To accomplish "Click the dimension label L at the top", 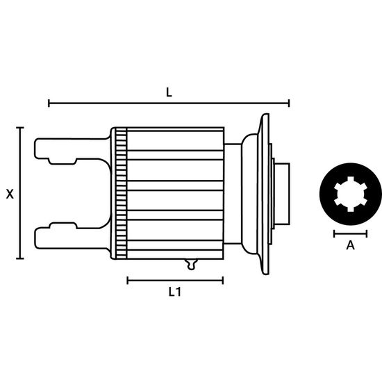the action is tap(169, 92).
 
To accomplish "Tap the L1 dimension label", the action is tap(175, 292).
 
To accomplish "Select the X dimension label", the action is tap(10, 194).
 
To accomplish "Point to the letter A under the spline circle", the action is tap(350, 245).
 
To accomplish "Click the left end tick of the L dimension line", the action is tap(49, 103).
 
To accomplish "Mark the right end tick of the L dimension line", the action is tap(289, 103).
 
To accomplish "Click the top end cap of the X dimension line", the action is tap(20, 127).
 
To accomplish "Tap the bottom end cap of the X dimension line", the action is tap(20, 258).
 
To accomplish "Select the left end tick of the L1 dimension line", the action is tap(127, 281).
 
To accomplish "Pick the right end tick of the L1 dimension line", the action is tap(223, 281).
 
